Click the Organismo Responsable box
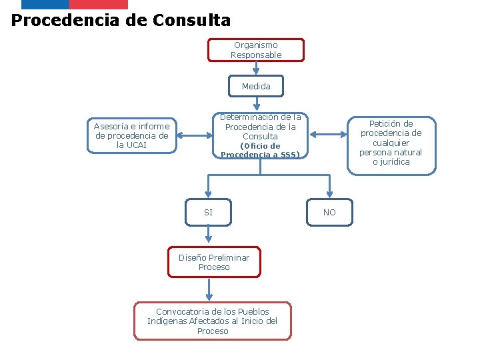point(256,50)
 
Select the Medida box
point(256,86)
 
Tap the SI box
point(209,213)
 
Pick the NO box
point(329,213)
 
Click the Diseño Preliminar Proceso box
point(213,263)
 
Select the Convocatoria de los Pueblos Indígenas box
point(213,321)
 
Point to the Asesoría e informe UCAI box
point(132,136)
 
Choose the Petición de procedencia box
point(391,143)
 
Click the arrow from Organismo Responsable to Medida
point(256,68)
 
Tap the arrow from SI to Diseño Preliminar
point(209,234)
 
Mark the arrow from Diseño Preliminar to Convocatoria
point(209,289)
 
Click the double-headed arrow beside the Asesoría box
point(194,135)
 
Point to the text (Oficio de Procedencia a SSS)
point(260,151)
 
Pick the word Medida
point(256,86)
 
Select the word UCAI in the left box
point(136,145)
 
